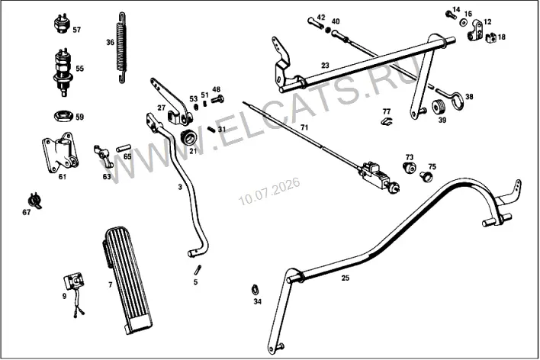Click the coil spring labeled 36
click(121, 47)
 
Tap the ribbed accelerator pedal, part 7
click(127, 280)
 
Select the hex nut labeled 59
click(64, 115)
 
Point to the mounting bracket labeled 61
click(60, 153)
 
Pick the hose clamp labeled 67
click(34, 201)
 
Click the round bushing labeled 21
click(188, 138)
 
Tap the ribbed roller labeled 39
click(439, 107)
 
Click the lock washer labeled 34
click(254, 289)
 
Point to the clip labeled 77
click(387, 121)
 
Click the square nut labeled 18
click(491, 37)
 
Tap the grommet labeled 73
click(409, 168)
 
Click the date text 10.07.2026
click(269, 191)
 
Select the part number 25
click(345, 278)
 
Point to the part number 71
click(304, 127)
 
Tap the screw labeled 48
click(217, 99)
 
